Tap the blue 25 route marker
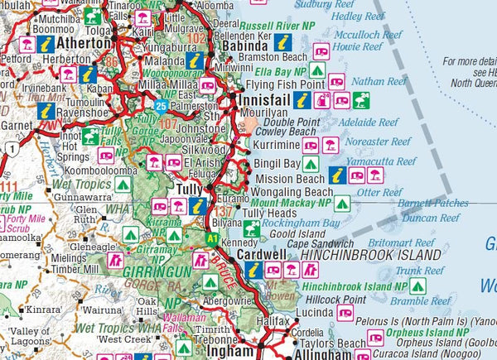(161, 106)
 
